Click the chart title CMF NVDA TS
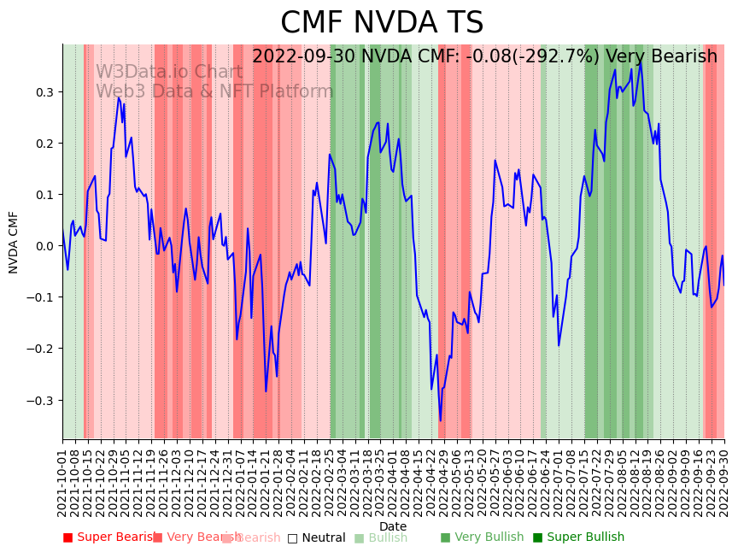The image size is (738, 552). [x=382, y=23]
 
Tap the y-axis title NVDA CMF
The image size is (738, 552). [x=14, y=242]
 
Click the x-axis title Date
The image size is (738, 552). [x=393, y=526]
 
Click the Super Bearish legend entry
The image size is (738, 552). [x=107, y=537]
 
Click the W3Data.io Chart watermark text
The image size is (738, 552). [x=169, y=72]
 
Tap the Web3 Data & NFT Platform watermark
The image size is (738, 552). [x=214, y=91]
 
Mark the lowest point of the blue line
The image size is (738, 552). [x=441, y=420]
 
